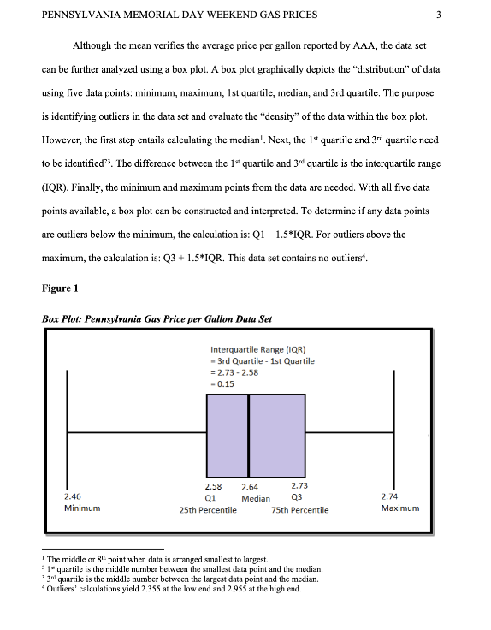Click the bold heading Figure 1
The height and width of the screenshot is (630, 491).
click(59, 288)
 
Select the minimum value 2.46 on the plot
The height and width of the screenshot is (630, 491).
click(73, 496)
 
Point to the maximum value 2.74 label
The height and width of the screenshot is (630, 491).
click(393, 496)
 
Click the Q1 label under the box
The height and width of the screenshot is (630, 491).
click(210, 498)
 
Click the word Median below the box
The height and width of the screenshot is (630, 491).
click(256, 498)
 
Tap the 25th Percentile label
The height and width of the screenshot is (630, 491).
click(208, 510)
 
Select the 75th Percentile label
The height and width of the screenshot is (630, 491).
click(299, 510)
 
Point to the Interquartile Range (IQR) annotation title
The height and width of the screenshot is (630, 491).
click(257, 348)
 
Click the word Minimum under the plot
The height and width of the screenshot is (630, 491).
click(82, 508)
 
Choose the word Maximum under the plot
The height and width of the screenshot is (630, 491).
click(400, 508)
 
